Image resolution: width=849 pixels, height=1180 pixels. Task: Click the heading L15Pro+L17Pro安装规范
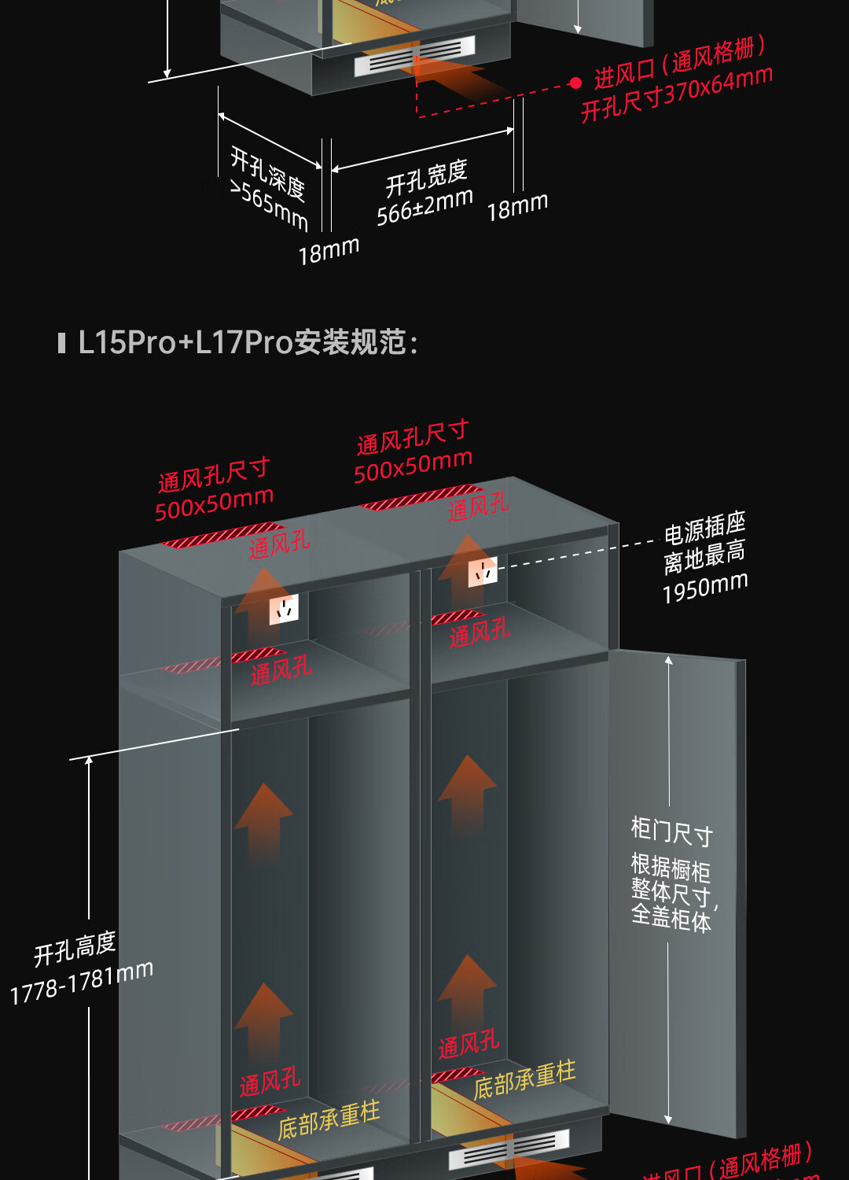pos(248,343)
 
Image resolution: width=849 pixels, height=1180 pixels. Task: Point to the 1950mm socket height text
pos(705,587)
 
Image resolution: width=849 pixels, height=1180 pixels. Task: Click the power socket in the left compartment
pos(284,609)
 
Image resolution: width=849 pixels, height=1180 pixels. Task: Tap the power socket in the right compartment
pos(483,572)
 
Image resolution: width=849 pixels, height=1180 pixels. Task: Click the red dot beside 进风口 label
pos(575,83)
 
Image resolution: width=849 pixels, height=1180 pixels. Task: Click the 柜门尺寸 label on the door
pos(672,831)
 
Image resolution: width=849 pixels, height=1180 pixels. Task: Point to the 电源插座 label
pos(704,527)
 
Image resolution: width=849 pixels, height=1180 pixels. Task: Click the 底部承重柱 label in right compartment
pos(524,1079)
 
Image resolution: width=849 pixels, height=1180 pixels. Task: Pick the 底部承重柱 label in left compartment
pos(329,1119)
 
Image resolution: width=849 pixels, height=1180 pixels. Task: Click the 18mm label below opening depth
pos(329,251)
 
